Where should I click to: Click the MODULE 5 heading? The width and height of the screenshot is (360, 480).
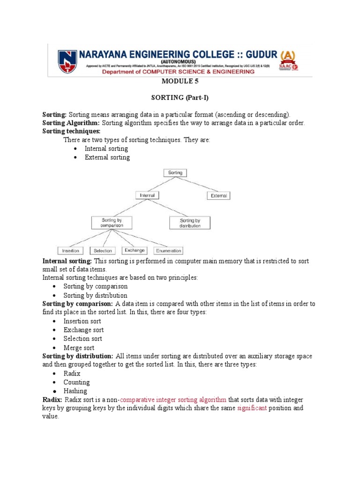180,81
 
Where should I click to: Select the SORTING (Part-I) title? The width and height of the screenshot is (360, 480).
180,98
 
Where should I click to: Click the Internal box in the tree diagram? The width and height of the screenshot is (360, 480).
147,195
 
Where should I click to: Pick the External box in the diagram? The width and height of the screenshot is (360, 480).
218,195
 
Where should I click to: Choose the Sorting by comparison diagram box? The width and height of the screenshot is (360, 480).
112,222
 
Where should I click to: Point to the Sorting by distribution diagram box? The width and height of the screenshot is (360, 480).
190,222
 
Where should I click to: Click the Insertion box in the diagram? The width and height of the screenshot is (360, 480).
71,251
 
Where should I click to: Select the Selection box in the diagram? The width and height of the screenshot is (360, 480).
103,251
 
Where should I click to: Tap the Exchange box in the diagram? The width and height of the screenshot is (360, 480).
135,250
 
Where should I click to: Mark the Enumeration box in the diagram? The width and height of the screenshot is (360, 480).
168,251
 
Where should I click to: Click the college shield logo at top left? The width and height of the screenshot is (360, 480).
65,60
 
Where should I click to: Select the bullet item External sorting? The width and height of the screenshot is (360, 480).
107,157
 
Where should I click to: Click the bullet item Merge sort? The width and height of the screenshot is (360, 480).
79,347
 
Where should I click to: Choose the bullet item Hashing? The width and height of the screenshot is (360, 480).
75,391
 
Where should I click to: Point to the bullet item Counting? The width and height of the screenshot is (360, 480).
76,382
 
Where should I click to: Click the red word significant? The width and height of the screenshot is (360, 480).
252,408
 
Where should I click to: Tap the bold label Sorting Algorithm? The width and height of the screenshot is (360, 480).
71,123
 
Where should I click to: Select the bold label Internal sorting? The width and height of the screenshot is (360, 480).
67,261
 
